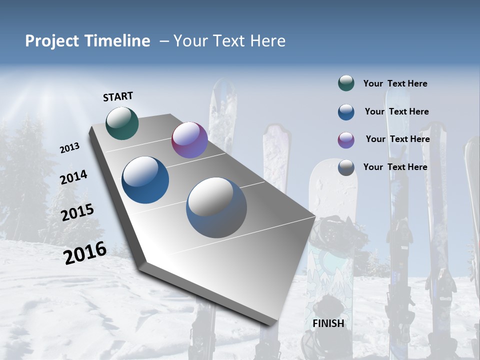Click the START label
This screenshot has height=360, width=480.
[118, 96]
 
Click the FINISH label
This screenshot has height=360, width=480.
[328, 323]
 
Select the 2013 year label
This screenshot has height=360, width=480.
[70, 148]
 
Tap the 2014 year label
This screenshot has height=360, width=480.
[74, 177]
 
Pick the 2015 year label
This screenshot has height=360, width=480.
[77, 212]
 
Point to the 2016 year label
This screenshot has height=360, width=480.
[85, 252]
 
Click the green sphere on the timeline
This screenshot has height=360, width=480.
[122, 123]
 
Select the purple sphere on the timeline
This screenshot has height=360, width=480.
[189, 140]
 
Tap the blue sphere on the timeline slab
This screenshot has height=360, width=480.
[145, 180]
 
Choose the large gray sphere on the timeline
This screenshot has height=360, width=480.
[216, 207]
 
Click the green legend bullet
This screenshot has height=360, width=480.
[346, 83]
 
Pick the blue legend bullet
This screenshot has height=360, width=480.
[346, 112]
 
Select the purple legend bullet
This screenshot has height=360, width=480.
[346, 140]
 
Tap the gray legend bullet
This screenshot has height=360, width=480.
[346, 167]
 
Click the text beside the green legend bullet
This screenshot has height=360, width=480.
[395, 83]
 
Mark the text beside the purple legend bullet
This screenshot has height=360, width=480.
[397, 139]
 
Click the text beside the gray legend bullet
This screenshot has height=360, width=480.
[395, 167]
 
